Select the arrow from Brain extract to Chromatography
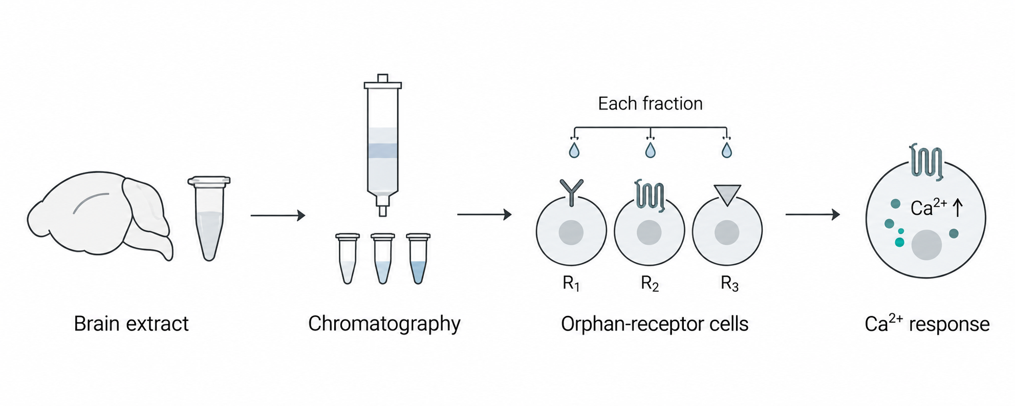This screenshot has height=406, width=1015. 278,216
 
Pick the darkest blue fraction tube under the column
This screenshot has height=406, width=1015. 418,259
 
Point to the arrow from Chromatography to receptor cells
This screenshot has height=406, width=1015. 485,215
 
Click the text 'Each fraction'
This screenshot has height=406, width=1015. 650,104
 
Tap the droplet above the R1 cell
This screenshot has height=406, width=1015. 574,150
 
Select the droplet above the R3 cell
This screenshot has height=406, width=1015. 726,150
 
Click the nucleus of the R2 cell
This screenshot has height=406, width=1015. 649,233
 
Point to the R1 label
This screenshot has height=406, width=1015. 571,284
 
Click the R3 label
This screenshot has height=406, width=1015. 729,284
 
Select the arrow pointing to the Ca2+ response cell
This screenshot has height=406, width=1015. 813,215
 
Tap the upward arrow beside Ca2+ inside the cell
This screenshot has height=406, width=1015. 958,208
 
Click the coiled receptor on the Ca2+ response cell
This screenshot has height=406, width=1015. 926,162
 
